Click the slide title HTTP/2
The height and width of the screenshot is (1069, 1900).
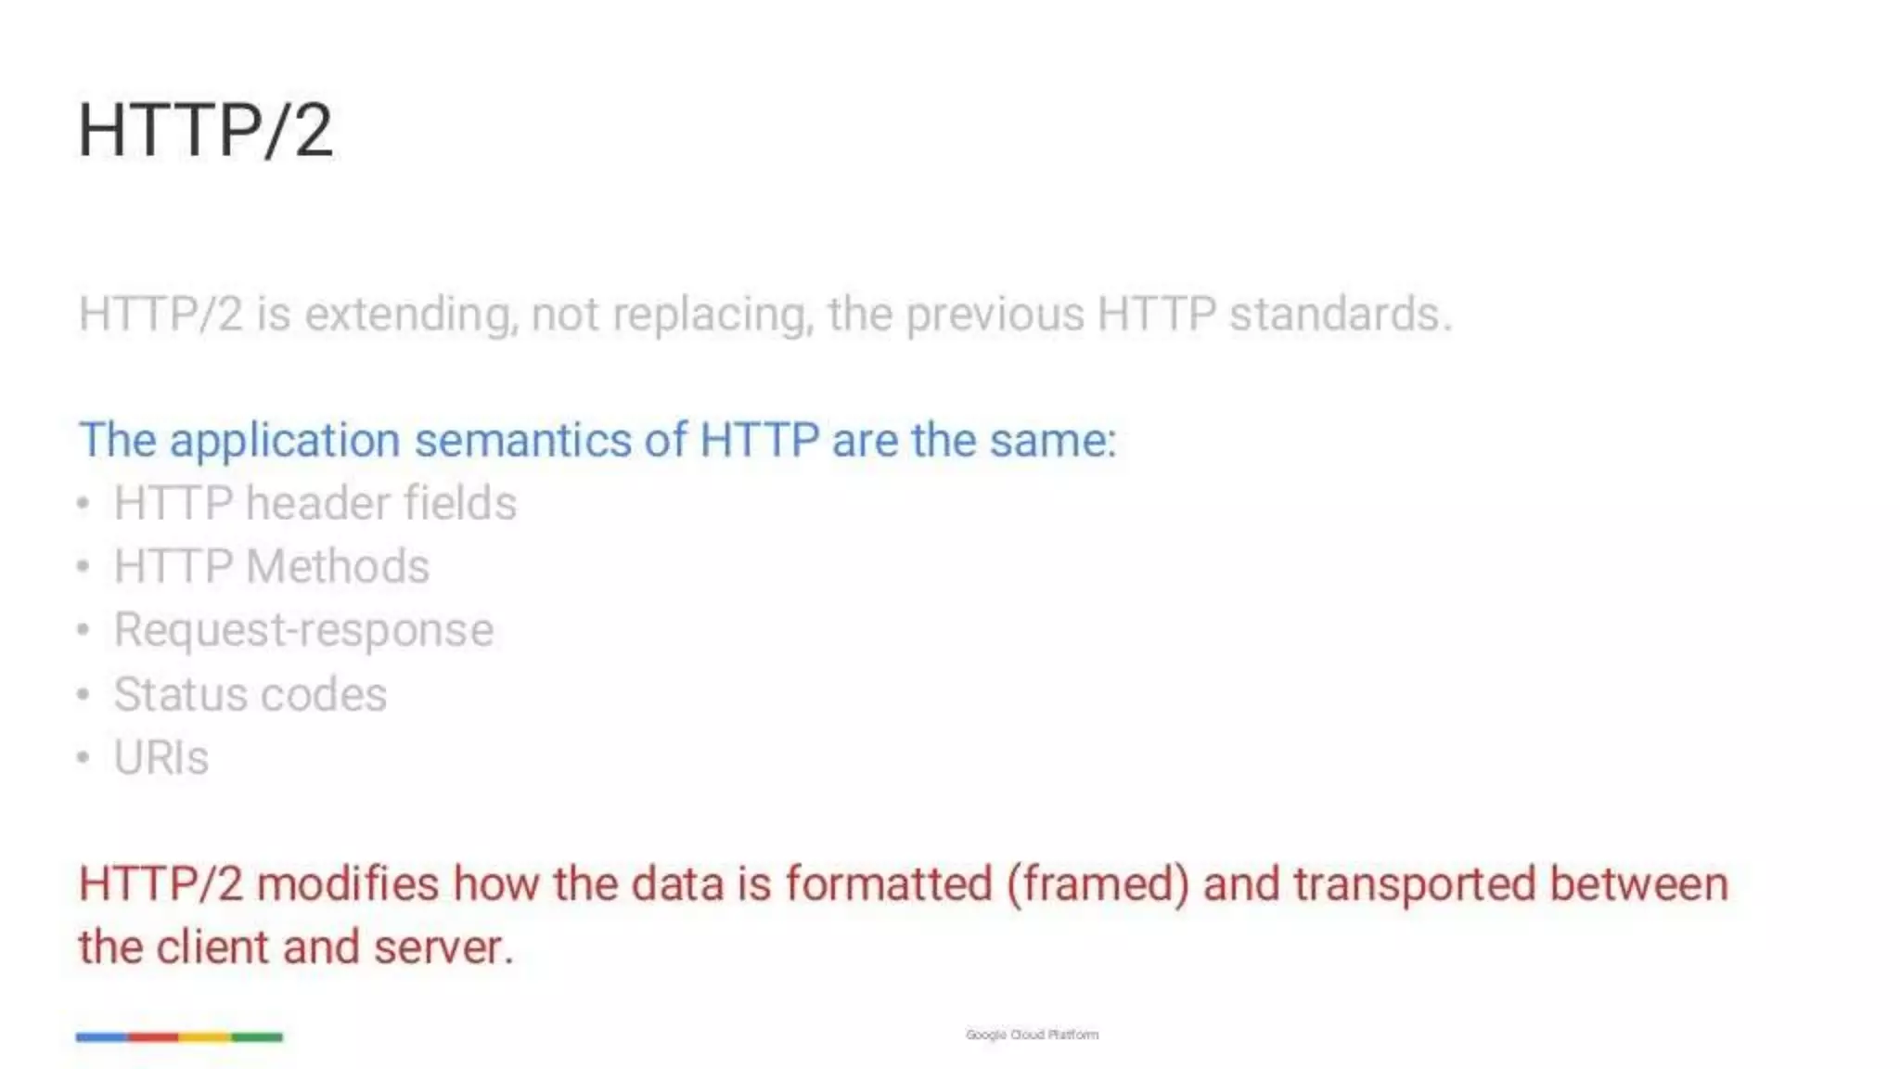[x=205, y=131]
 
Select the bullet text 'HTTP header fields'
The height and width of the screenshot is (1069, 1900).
[x=315, y=504]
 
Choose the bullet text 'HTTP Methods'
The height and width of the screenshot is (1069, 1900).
[x=271, y=567]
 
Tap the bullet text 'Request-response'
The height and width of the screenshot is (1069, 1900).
[x=303, y=631]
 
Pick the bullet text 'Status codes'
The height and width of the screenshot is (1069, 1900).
[x=250, y=694]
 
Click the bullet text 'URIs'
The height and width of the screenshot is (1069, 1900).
[x=160, y=758]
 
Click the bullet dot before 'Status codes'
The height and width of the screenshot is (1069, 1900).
[x=83, y=694]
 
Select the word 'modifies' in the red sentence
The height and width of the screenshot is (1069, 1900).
[x=347, y=883]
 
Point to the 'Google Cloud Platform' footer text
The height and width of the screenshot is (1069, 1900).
[x=1032, y=1035]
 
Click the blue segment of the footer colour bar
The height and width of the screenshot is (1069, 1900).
[x=102, y=1037]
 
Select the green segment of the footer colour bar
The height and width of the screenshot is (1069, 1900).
[x=257, y=1037]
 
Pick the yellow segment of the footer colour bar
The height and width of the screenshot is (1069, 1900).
[x=205, y=1037]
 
